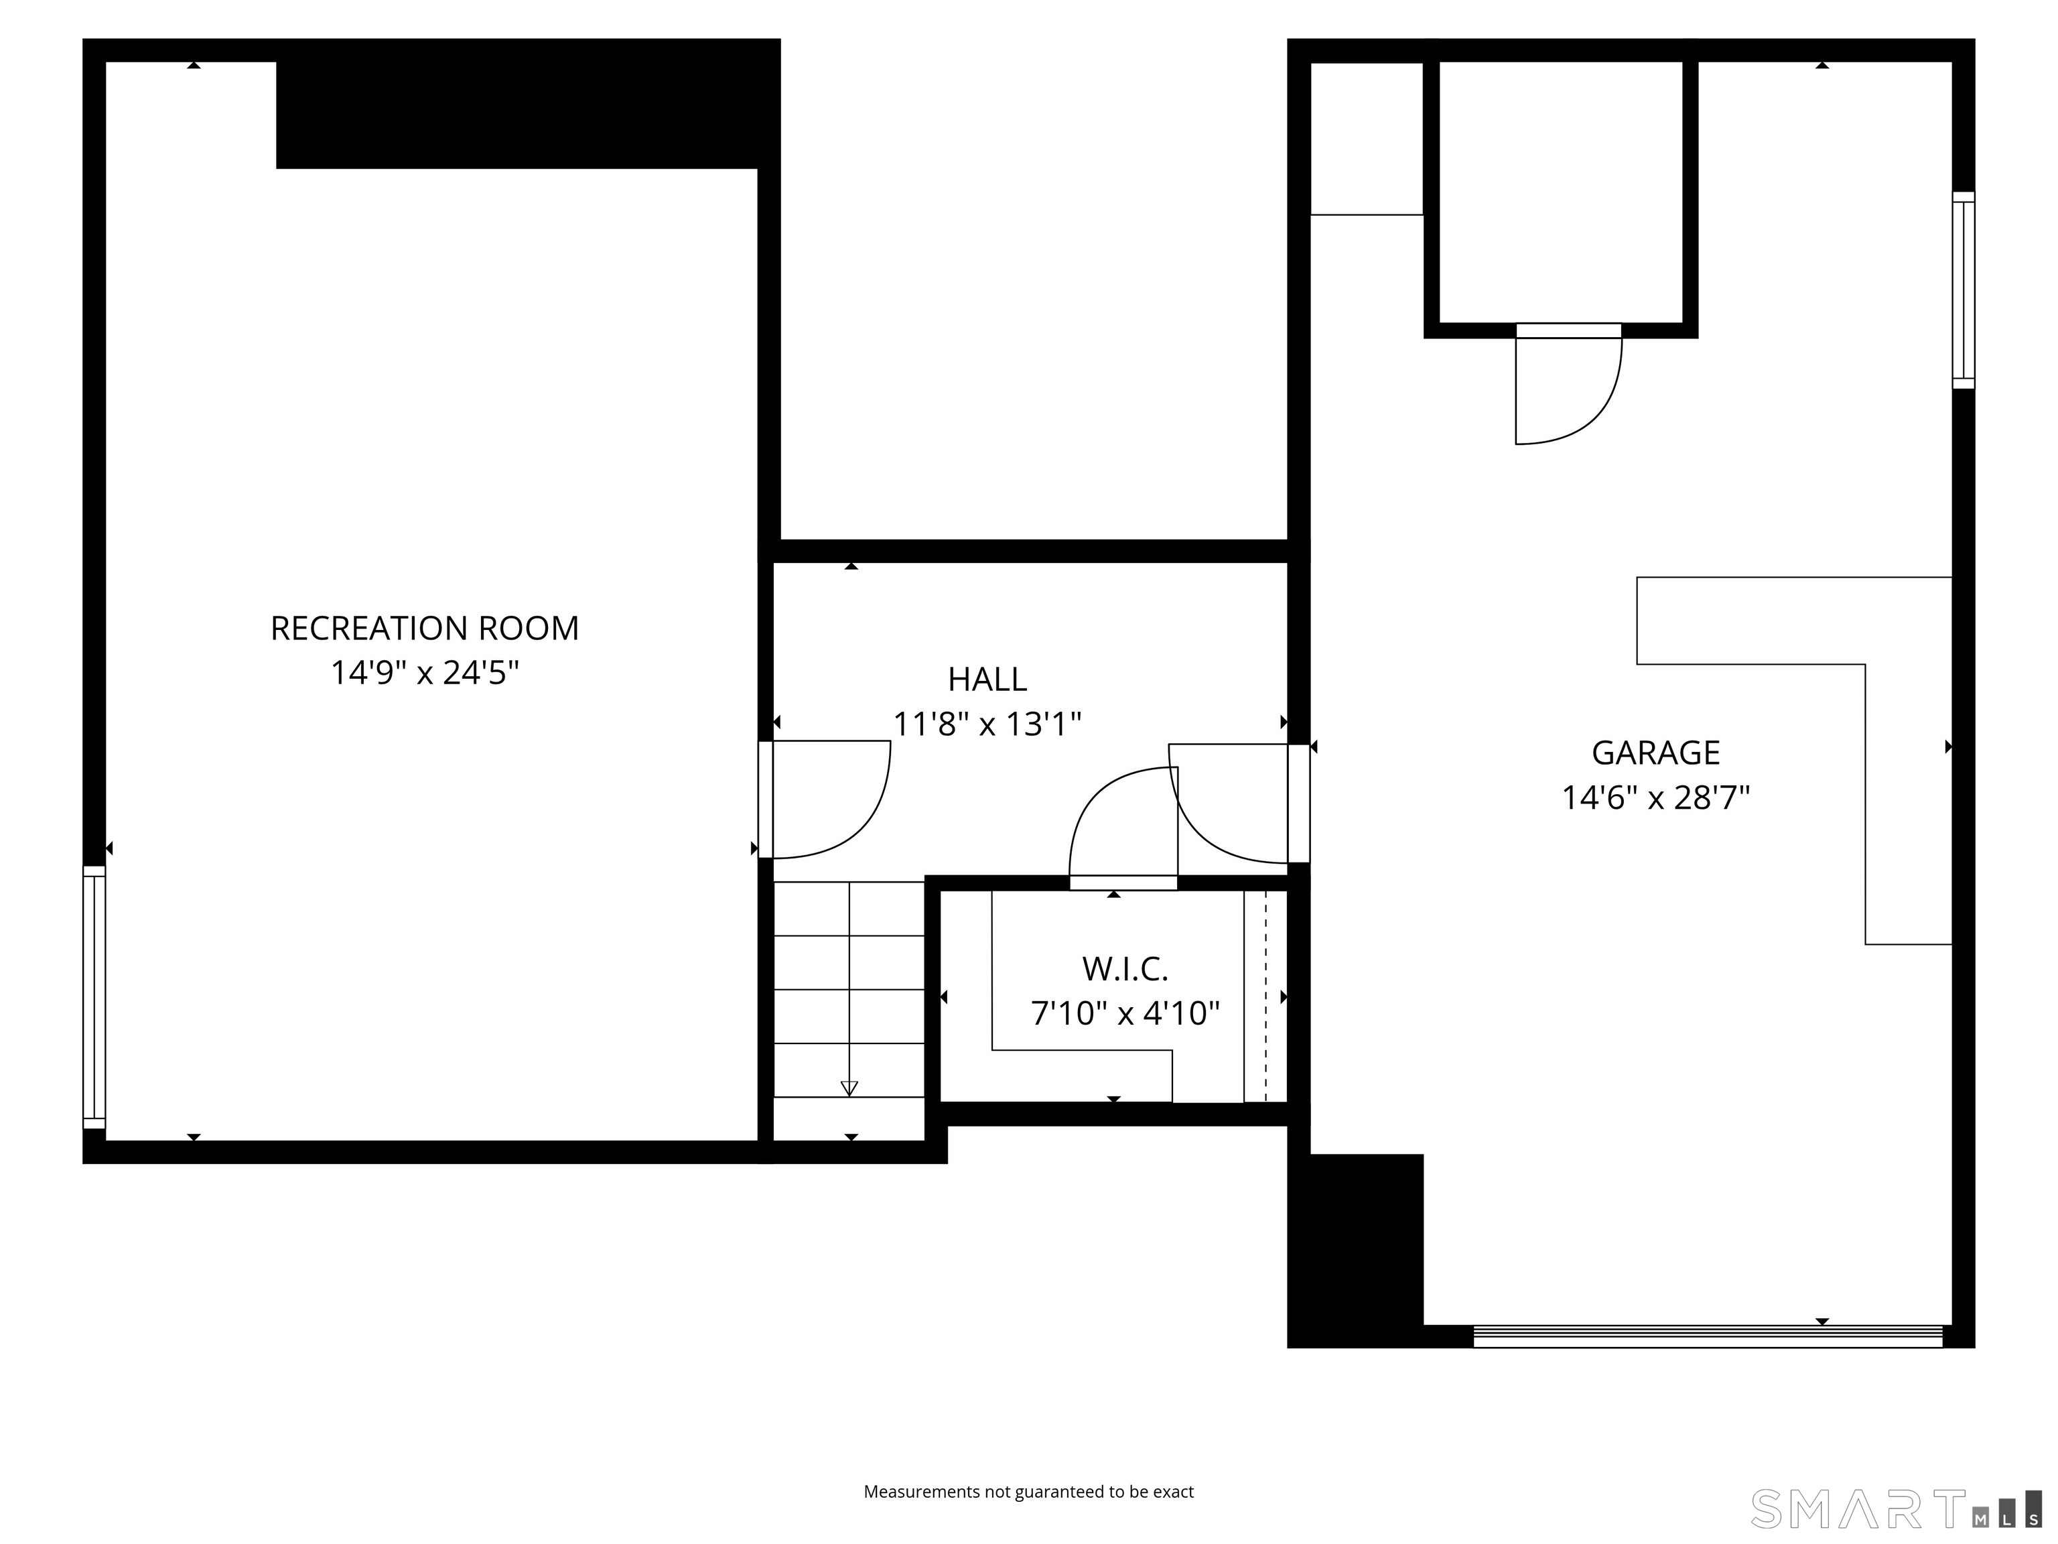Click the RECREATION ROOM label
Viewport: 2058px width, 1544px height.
tap(424, 628)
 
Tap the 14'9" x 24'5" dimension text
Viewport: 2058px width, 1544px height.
tap(424, 672)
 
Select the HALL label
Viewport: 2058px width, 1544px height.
tap(987, 680)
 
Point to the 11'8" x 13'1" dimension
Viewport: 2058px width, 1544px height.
tap(987, 724)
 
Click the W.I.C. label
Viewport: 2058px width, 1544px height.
tap(1125, 969)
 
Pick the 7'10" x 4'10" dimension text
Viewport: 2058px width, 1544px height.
tap(1125, 1013)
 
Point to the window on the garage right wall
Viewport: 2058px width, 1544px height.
tap(1962, 289)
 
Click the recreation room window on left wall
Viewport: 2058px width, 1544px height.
tap(94, 996)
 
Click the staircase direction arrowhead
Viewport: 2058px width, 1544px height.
tap(849, 1088)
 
